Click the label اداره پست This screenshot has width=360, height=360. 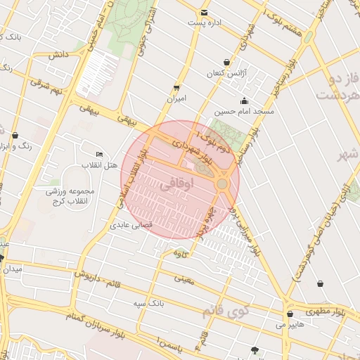(205, 23)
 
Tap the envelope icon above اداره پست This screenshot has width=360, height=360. (204, 13)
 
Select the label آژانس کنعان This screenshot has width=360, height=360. (224, 74)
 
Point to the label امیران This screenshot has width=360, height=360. (176, 99)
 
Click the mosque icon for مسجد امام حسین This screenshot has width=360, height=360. (244, 100)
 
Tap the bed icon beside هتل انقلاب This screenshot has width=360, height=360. (99, 154)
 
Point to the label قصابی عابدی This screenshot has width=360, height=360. (127, 226)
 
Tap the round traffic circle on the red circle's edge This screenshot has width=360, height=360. (222, 184)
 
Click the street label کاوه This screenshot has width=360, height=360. (181, 254)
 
